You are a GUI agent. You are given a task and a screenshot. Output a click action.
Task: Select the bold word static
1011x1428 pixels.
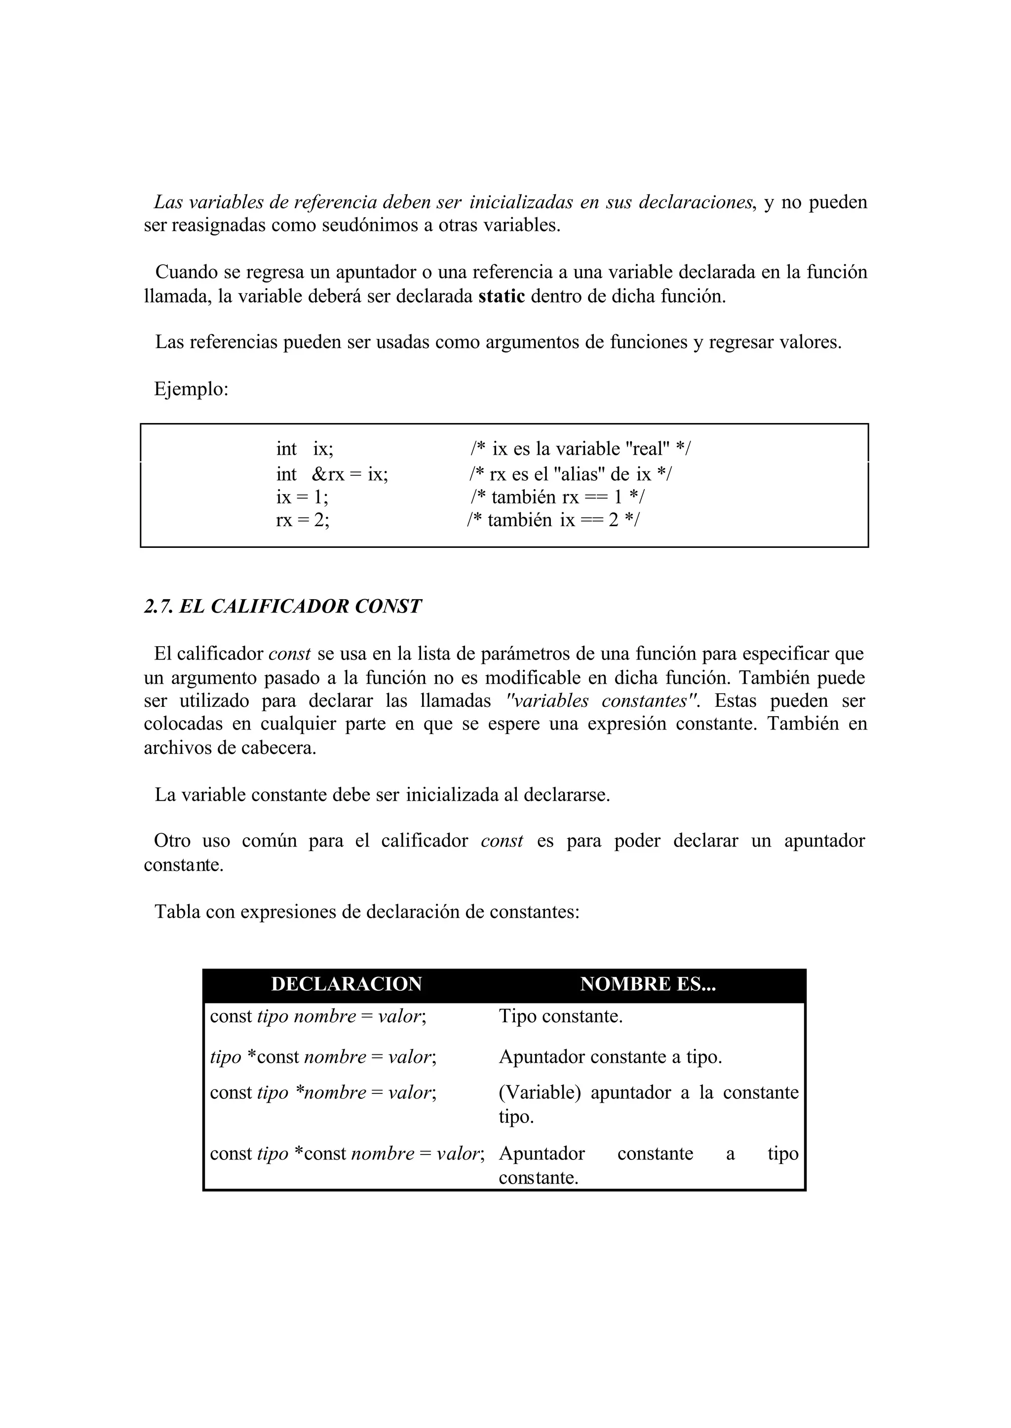point(502,296)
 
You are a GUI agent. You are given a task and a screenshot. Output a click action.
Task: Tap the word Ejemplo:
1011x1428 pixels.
point(192,389)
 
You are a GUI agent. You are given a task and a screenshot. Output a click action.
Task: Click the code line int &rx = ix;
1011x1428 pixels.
point(332,474)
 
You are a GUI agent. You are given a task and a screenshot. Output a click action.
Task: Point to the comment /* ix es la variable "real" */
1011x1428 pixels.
point(580,449)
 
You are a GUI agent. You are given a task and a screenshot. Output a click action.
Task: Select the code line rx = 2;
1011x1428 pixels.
point(303,520)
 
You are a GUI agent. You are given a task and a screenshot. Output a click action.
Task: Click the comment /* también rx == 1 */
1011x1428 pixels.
point(557,498)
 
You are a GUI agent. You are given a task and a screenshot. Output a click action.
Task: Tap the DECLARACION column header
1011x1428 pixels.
point(347,984)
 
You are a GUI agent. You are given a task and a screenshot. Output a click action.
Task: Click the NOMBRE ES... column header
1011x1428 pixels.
point(648,984)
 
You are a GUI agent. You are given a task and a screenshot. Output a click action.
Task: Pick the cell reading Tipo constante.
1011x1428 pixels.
point(560,1016)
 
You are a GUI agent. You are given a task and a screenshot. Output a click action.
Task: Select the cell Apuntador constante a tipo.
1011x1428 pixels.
point(610,1057)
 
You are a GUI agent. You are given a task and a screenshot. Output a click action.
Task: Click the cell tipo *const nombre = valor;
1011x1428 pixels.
point(323,1057)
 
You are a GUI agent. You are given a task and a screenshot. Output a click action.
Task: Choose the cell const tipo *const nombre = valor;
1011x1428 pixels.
point(347,1154)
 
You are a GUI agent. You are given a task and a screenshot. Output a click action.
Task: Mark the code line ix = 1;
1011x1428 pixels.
point(302,498)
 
